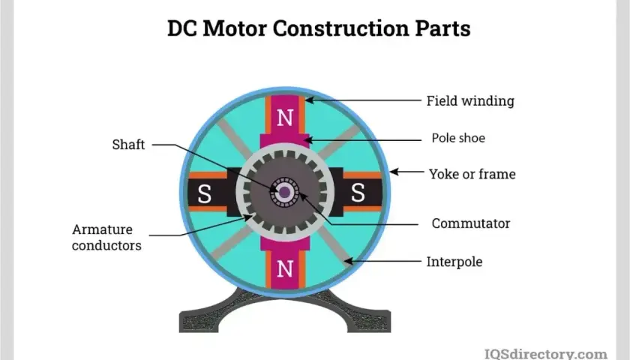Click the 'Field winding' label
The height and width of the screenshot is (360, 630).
point(470,100)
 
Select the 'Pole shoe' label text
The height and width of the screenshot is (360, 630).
point(458,138)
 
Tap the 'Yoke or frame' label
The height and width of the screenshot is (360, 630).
point(472,174)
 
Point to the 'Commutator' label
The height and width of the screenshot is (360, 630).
point(471,223)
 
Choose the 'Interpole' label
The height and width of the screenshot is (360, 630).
point(454,262)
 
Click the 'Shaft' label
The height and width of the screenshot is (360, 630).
point(128,144)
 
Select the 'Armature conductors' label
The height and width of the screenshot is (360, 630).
point(106,237)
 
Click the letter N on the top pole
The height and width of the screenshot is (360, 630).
point(285,118)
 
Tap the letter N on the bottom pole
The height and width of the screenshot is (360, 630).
point(285,268)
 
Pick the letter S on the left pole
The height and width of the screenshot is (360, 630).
point(204,193)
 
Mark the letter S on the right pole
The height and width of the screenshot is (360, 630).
point(358,192)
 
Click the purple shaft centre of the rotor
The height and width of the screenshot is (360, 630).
point(284,192)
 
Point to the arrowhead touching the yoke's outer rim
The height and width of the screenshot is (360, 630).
point(394,172)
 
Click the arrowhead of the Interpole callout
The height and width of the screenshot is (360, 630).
point(348,262)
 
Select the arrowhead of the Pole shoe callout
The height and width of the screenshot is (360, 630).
point(308,140)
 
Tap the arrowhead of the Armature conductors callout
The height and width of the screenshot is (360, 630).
point(248,217)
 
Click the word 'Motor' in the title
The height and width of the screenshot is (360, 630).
point(234,28)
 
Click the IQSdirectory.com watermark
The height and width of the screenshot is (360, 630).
point(546,354)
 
